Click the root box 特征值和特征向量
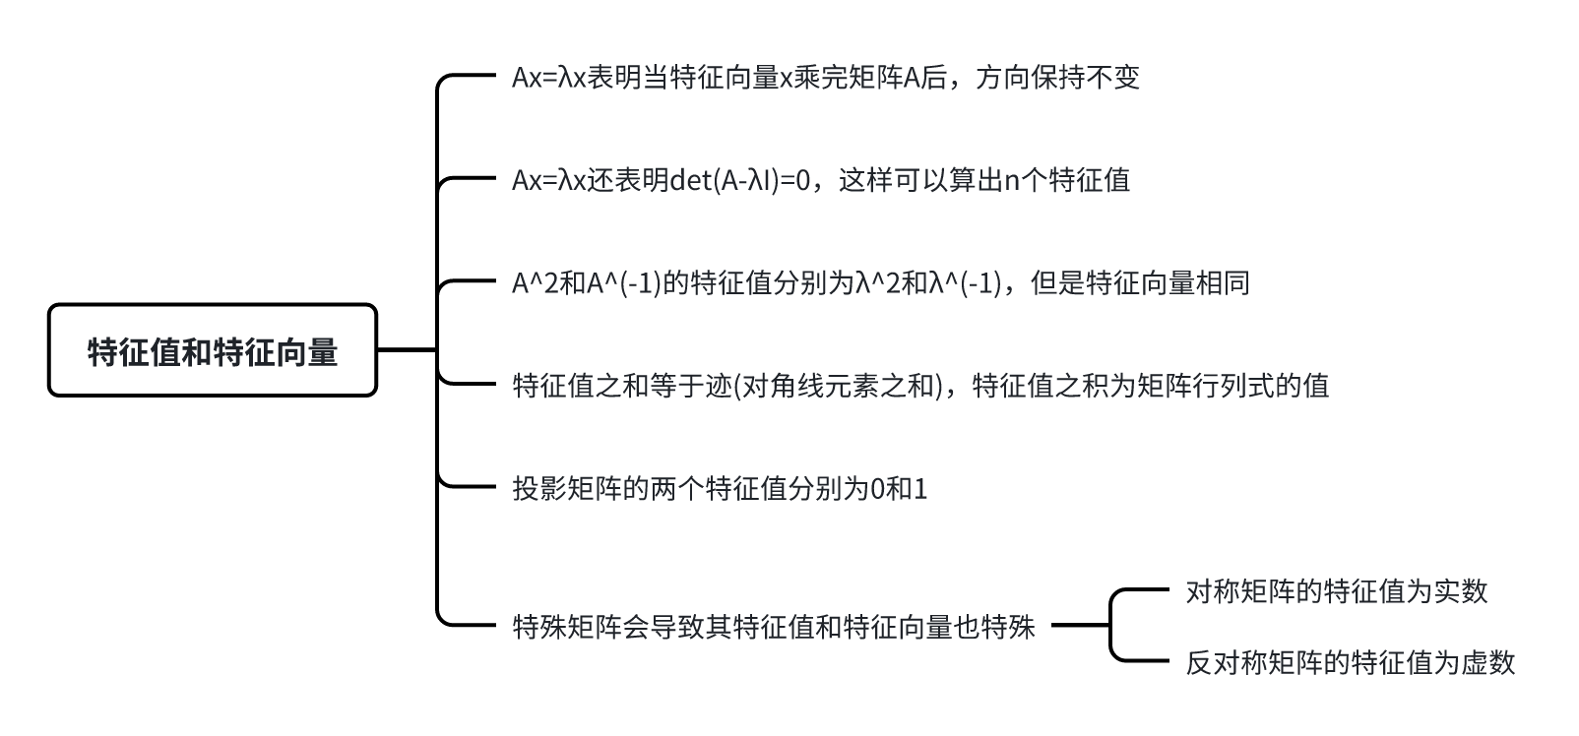pyautogui.click(x=213, y=350)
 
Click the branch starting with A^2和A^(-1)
pyautogui.click(x=880, y=283)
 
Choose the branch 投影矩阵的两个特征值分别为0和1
pyautogui.click(x=720, y=488)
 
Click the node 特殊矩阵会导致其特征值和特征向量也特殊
pyautogui.click(x=774, y=626)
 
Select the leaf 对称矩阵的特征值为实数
pyautogui.click(x=1336, y=591)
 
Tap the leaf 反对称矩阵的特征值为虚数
pyautogui.click(x=1350, y=662)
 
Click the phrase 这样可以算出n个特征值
pyautogui.click(x=984, y=180)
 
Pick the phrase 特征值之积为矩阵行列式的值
pyautogui.click(x=1150, y=386)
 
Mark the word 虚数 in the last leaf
pyautogui.click(x=1487, y=662)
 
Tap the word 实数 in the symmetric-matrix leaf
pyautogui.click(x=1460, y=591)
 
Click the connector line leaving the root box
pyautogui.click(x=406, y=349)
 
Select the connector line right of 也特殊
pyautogui.click(x=1080, y=625)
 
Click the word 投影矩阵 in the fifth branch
pyautogui.click(x=567, y=488)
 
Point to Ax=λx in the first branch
pyautogui.click(x=548, y=78)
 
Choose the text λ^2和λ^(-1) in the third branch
pyautogui.click(x=928, y=283)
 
